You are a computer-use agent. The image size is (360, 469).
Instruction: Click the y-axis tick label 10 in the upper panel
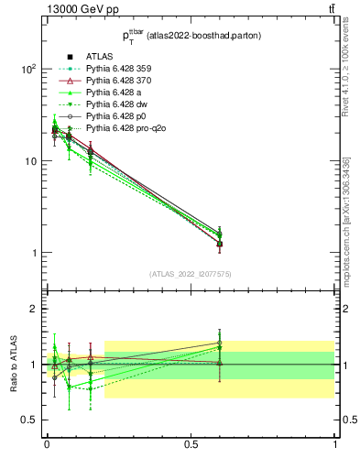tap(30, 162)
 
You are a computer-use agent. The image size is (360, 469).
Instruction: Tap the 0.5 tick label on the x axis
tap(191, 444)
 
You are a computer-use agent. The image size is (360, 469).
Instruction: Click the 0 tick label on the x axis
tap(46, 444)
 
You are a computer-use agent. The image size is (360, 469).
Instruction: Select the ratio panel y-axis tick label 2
tap(34, 310)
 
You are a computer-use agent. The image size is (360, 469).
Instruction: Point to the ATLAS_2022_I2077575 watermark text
tap(190, 274)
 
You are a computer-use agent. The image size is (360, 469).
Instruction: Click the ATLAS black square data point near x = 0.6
tap(220, 244)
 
